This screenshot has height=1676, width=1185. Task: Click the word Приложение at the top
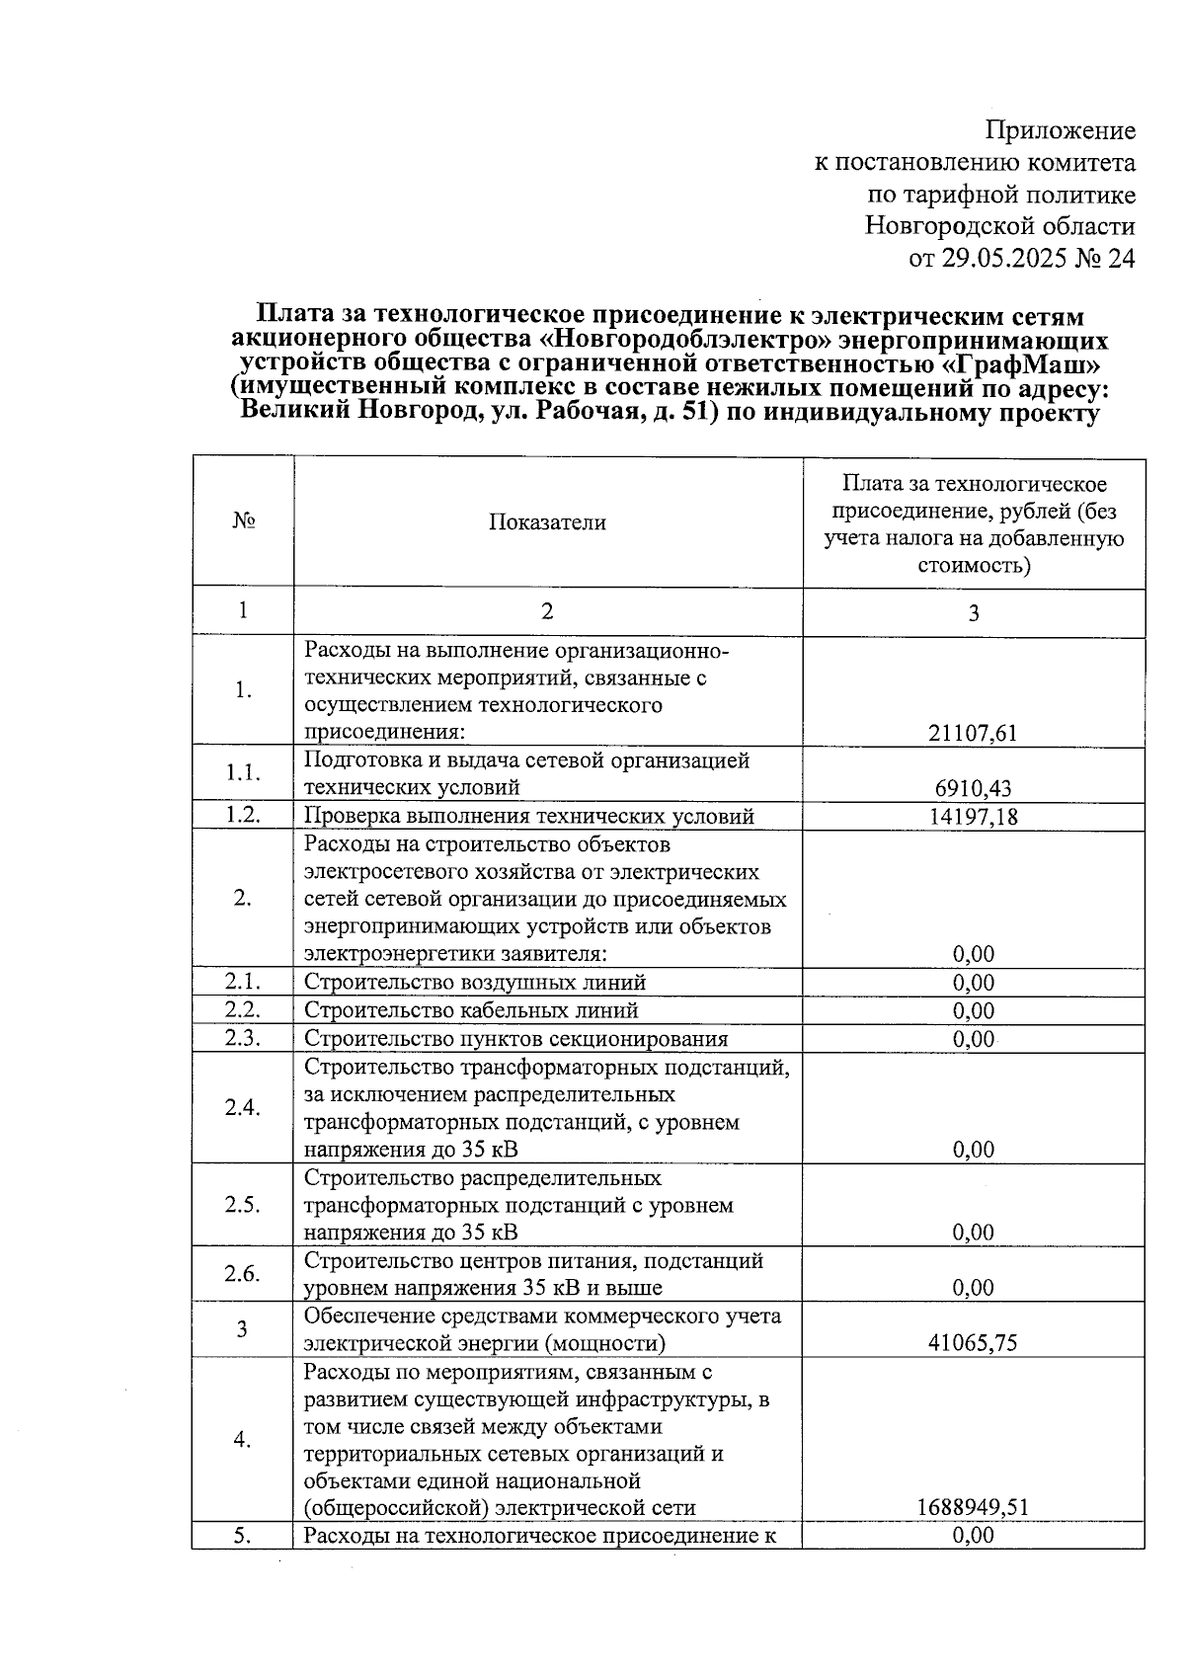(x=1061, y=130)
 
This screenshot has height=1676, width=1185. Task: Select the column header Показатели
(x=547, y=522)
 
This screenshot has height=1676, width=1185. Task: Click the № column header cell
(x=243, y=522)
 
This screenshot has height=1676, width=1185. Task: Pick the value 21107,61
(x=973, y=733)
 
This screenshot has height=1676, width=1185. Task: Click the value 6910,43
(x=973, y=788)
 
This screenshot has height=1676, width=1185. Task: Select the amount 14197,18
(x=973, y=816)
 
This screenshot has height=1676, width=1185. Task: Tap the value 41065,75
(x=973, y=1343)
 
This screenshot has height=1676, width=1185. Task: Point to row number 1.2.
(x=243, y=816)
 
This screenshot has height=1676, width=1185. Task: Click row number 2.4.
(x=243, y=1108)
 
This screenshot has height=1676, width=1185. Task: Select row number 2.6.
(x=243, y=1274)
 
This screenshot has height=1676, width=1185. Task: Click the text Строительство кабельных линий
(x=471, y=1010)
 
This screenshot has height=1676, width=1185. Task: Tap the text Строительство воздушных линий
(x=475, y=983)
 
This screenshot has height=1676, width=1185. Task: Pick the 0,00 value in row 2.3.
(x=973, y=1039)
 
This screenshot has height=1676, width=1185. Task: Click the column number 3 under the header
(x=973, y=613)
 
